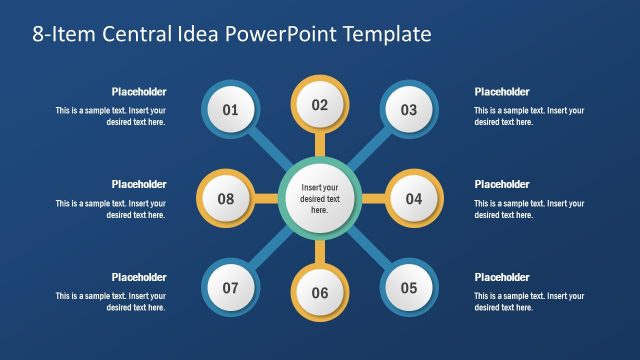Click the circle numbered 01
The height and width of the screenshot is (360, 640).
(230, 110)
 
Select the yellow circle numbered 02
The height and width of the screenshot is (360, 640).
(320, 105)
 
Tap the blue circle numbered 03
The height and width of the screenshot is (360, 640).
(409, 110)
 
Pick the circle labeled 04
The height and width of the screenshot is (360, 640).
(414, 199)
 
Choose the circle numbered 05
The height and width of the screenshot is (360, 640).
(409, 288)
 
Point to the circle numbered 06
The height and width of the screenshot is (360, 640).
(320, 293)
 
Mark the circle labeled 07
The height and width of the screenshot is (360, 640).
(230, 288)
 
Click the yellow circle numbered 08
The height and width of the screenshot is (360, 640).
(225, 199)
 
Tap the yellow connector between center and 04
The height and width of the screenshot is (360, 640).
(372, 199)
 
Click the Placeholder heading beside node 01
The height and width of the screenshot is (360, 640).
(139, 92)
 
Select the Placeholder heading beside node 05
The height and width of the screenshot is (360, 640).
(502, 277)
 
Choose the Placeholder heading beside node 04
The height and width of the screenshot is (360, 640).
(502, 184)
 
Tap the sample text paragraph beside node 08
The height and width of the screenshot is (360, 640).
(111, 209)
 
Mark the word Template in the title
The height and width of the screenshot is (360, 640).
(387, 34)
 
